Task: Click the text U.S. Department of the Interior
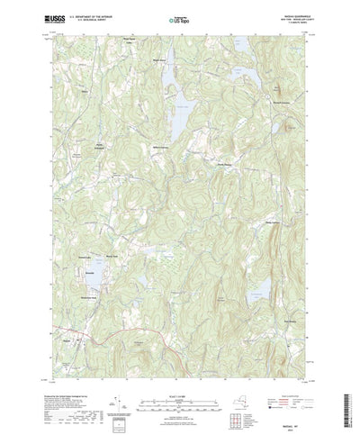pyautogui.click(x=91, y=15)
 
